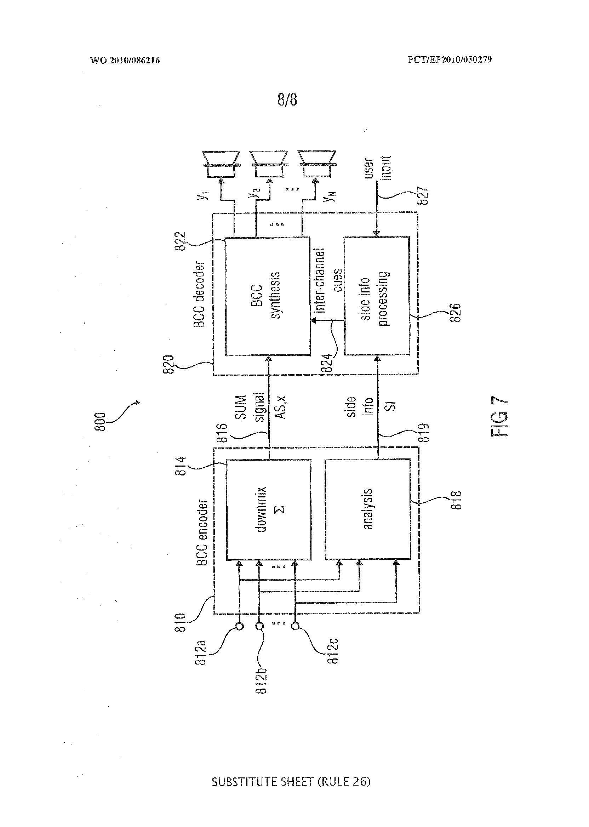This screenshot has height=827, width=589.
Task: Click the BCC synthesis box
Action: [267, 296]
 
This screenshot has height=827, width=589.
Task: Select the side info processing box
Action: [377, 296]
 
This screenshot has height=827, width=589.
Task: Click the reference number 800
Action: [100, 422]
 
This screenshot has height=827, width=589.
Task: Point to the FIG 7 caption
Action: [499, 417]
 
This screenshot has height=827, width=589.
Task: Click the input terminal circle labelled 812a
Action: [239, 626]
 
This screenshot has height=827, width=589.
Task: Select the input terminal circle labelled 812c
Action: [295, 626]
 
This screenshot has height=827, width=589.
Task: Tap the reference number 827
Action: [423, 196]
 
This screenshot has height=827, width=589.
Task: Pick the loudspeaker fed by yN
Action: [316, 164]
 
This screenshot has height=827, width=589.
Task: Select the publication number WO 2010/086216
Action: [125, 60]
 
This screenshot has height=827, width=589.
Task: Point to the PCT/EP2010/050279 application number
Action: [450, 59]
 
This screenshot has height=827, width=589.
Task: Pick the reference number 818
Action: [456, 500]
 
